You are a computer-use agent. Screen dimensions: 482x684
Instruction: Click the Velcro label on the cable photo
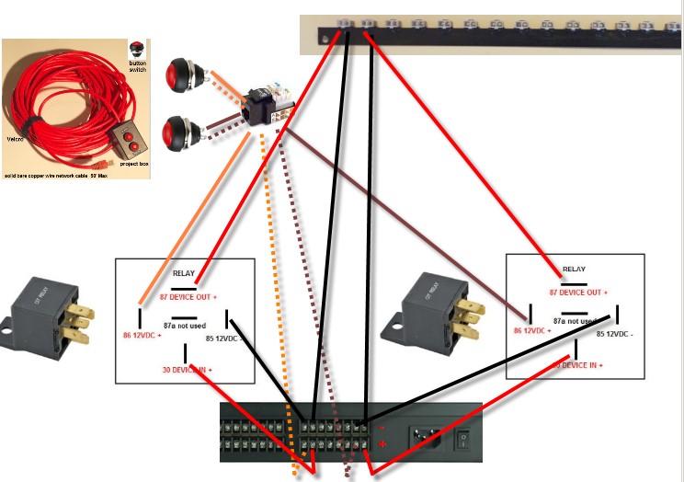(x=15, y=138)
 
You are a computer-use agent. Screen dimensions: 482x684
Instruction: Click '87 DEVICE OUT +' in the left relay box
(x=189, y=297)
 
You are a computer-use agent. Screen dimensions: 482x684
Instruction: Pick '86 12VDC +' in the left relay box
(x=142, y=335)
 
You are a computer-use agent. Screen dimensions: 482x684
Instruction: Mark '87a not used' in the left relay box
(x=184, y=324)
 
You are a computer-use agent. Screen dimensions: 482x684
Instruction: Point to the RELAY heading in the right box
(x=574, y=269)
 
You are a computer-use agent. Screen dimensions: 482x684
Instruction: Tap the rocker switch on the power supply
(x=465, y=442)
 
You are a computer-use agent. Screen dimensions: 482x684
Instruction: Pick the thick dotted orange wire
(x=278, y=304)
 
